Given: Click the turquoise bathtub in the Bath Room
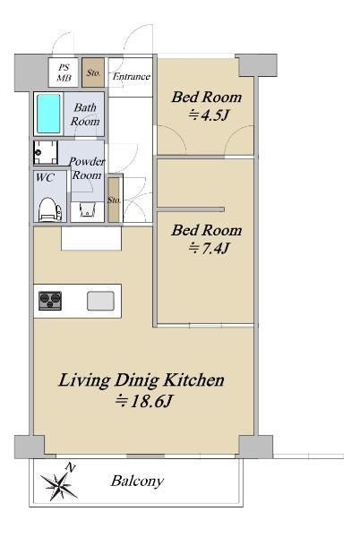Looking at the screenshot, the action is coord(48,114).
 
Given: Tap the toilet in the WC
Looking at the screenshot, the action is coord(49,210).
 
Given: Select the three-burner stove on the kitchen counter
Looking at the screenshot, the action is coord(50,301).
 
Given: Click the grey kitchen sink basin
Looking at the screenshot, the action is coord(100,301).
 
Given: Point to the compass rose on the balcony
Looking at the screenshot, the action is coord(60,484).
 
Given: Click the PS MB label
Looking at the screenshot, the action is coord(64,72).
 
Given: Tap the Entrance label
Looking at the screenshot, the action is coord(131,76).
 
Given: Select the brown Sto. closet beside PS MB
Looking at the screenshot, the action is coord(93,72).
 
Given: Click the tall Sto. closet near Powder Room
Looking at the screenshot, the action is coord(114,200).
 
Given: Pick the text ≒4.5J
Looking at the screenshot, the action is coord(208,115).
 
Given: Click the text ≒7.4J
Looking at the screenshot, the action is coord(209,248).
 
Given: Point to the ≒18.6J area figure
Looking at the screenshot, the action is coord(143,401).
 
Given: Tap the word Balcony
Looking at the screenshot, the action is coord(137,482).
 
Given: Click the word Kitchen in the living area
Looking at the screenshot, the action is coord(193,380).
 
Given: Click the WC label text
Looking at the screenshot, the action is coord(45,177).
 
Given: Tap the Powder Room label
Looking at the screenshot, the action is coord(87,168).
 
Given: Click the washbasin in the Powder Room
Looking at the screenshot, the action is coord(87,209).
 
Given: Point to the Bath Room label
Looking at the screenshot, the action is coord(85,115).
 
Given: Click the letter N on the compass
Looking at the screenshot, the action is coord(71,467).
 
